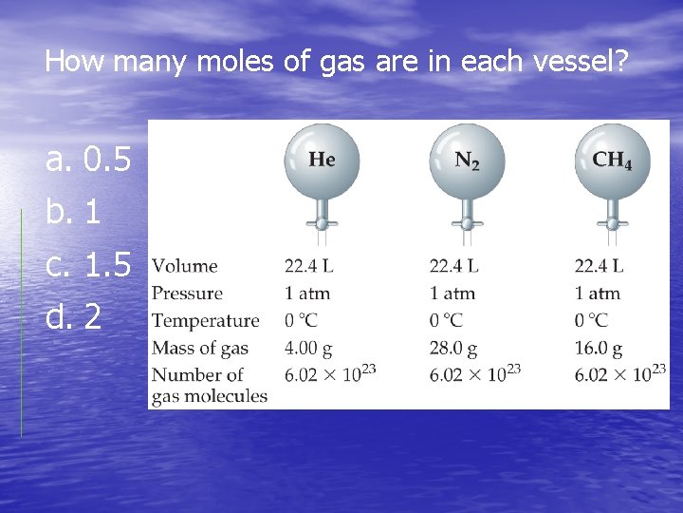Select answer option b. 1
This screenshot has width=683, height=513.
[73, 213]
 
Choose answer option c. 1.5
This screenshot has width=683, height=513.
[88, 266]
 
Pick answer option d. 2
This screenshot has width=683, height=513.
[73, 317]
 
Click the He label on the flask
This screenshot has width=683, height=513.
[322, 159]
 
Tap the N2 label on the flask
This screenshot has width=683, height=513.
[467, 160]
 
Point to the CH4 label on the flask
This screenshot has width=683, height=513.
[612, 159]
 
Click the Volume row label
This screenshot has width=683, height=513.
[185, 266]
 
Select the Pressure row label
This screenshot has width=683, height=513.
[188, 294]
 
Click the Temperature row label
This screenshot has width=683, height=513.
[205, 321]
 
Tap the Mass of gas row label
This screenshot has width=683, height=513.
[200, 349]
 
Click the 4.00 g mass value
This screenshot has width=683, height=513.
[308, 349]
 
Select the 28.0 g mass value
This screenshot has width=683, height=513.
[453, 349]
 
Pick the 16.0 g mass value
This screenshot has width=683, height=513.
[599, 349]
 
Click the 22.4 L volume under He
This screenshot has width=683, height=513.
[309, 266]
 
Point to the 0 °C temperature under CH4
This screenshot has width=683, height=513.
[592, 321]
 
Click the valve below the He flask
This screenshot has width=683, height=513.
[322, 224]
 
